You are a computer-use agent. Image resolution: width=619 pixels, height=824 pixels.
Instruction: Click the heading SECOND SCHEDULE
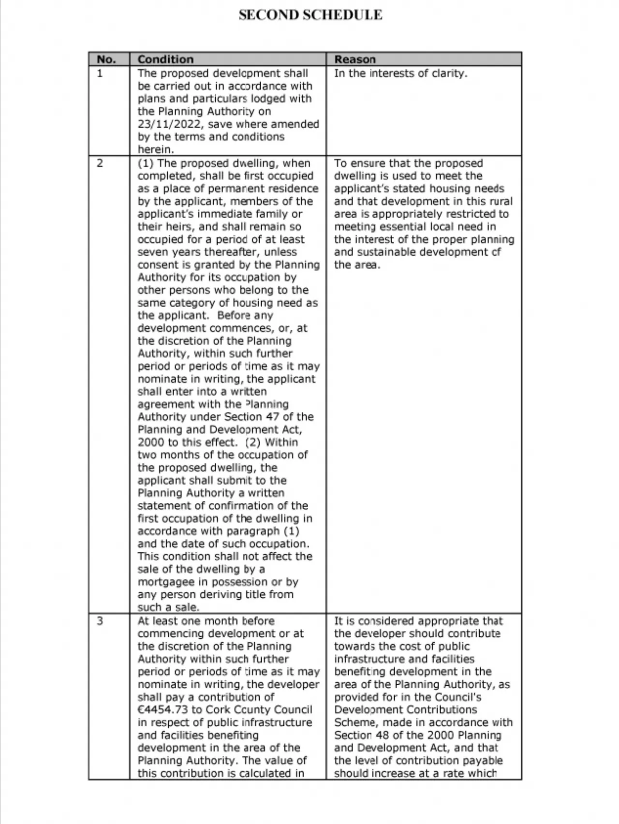click(310, 15)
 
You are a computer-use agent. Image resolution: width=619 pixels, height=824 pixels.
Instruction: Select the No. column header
click(106, 59)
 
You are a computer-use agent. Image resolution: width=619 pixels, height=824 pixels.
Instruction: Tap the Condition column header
click(165, 59)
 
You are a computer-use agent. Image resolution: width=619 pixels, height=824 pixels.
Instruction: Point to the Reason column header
click(354, 59)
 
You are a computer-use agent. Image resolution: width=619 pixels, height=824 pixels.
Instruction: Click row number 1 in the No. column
click(100, 74)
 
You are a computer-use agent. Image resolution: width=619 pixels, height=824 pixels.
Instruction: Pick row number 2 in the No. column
click(100, 163)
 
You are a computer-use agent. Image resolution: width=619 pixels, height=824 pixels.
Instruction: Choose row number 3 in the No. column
click(100, 621)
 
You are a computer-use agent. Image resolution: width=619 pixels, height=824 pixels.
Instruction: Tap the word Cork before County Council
click(218, 709)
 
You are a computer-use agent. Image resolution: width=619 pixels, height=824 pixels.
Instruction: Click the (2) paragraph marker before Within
click(252, 442)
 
